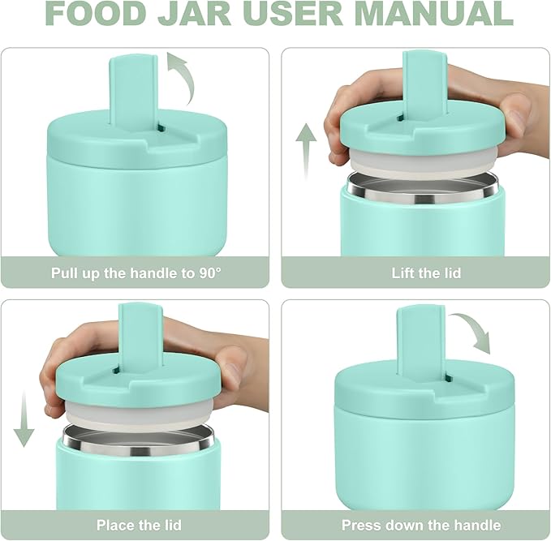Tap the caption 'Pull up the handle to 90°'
136,273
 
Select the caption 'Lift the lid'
426,273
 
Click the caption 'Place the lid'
139,525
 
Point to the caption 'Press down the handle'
421,525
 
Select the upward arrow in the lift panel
306,149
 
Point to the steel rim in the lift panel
421,186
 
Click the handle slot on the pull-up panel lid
160,127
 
